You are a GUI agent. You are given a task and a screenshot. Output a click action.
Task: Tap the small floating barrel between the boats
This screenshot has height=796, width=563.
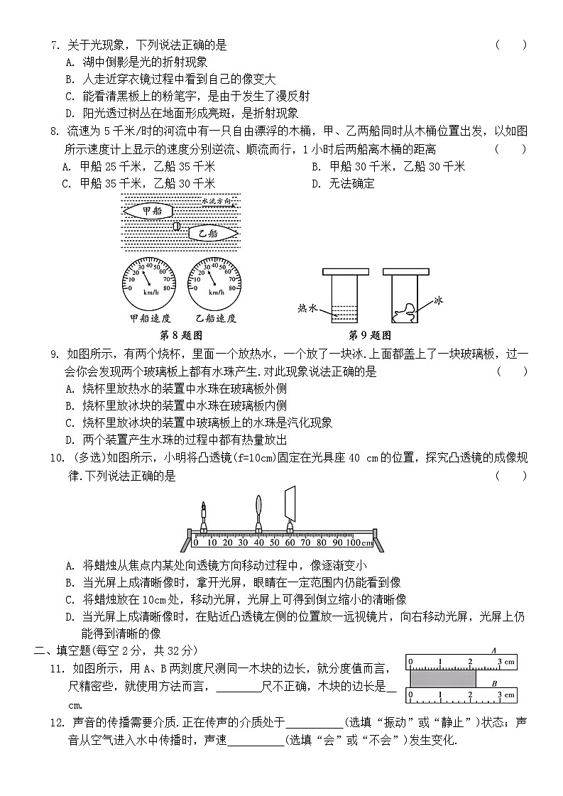click(x=177, y=227)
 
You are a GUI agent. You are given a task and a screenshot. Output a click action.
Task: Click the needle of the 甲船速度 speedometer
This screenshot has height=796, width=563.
click(x=146, y=276)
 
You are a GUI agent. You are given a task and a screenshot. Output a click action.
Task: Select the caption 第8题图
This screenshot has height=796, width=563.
click(x=182, y=335)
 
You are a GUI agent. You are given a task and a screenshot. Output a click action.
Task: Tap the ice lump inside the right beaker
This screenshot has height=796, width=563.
click(x=407, y=311)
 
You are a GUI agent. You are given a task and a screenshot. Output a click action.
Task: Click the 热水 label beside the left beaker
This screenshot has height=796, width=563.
click(x=307, y=308)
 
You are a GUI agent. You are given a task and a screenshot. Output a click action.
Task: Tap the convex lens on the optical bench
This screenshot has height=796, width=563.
click(x=259, y=511)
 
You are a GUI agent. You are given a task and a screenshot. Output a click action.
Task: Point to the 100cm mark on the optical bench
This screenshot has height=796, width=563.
click(x=359, y=543)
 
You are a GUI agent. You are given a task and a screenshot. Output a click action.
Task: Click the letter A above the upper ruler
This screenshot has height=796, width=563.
click(x=493, y=650)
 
